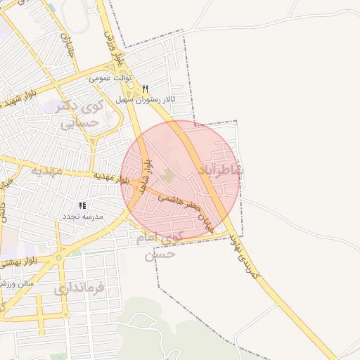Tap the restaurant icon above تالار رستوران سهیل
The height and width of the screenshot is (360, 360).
(145, 89)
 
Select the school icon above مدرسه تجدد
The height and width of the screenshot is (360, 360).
(83, 205)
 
